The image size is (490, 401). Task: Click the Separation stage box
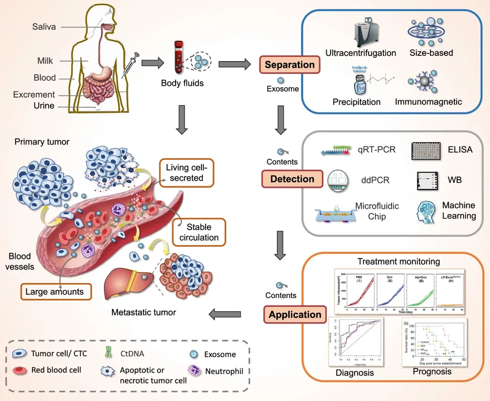290,65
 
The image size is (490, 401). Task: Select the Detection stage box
292,179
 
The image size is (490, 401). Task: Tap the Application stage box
295,315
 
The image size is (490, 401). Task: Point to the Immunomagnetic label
428,102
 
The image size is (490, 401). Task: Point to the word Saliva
44,27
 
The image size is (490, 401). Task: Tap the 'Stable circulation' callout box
198,233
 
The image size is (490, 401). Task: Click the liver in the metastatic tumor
126,284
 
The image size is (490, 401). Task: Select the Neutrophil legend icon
194,371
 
